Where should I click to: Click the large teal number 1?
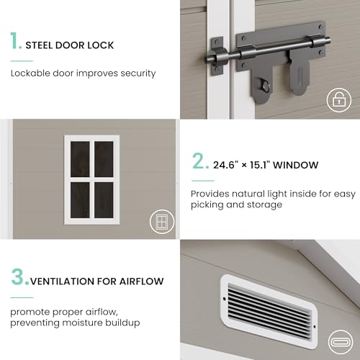(14, 40)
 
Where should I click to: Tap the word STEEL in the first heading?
(39, 45)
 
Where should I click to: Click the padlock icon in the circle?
(339, 100)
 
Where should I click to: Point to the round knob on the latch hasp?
(266, 86)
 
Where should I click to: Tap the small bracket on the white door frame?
(217, 56)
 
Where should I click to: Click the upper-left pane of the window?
(80, 159)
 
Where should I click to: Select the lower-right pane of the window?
(104, 200)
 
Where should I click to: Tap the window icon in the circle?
(162, 221)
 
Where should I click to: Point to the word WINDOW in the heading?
(295, 165)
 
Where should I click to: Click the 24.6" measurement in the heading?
(225, 165)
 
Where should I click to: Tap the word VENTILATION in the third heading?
(62, 282)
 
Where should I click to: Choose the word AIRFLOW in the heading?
(142, 282)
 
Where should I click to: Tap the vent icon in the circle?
(341, 342)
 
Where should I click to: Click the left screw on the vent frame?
(225, 299)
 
